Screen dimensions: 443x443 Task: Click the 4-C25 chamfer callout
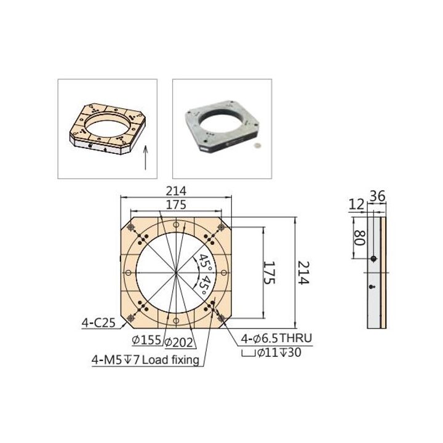coord(98,322)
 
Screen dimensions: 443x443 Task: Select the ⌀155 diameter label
coord(146,340)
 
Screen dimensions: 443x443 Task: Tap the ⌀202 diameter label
coord(178,343)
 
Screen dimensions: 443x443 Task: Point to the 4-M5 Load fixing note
coord(145,360)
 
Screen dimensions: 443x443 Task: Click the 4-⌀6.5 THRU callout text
coord(276,338)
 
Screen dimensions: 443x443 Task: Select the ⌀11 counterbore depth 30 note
coord(271,353)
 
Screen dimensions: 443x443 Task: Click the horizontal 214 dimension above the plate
coord(176,191)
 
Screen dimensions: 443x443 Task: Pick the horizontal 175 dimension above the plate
coord(176,205)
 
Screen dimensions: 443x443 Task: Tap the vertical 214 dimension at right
coord(304,273)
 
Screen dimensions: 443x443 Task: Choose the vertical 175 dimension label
coord(269,273)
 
